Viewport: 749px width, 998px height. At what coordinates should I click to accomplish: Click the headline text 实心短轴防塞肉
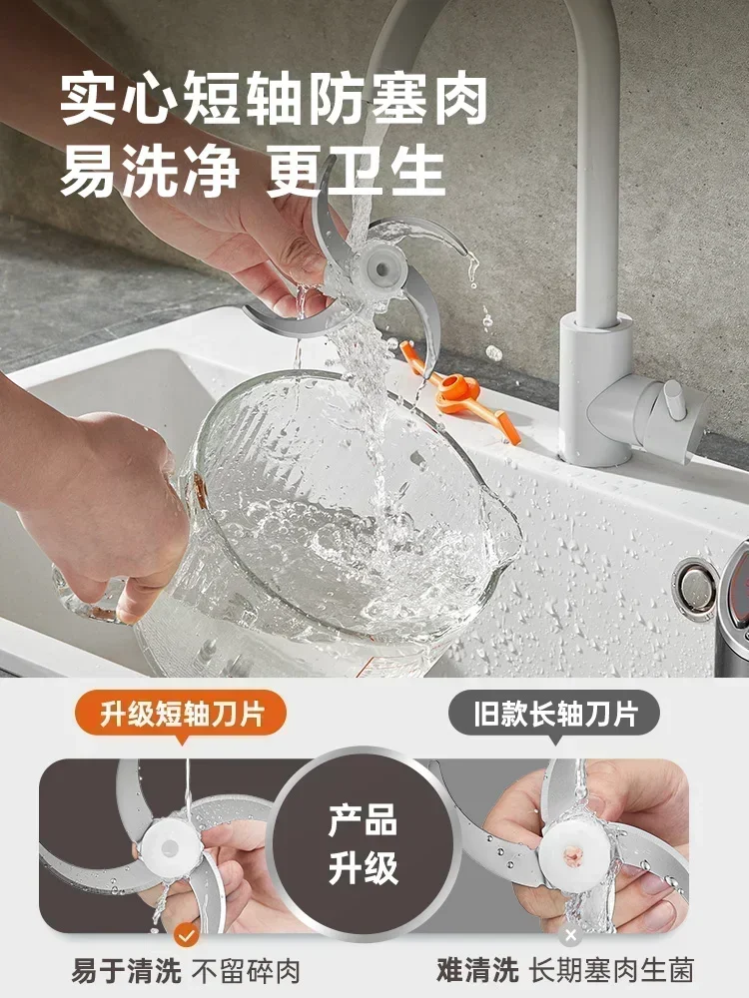274,100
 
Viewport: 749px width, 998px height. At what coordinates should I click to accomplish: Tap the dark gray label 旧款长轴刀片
566,714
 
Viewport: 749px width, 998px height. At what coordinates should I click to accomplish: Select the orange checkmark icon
185,935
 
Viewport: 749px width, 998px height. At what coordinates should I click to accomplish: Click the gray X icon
570,935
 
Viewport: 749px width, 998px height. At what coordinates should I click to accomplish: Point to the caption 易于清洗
113,969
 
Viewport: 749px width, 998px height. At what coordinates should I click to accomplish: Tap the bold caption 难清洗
477,969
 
